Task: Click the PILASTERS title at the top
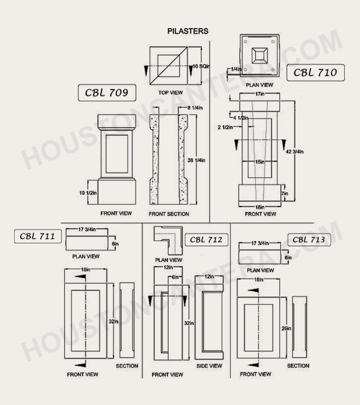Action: pos(187,30)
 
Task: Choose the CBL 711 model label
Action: pos(37,236)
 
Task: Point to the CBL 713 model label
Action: pos(310,239)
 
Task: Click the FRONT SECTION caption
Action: pos(169,214)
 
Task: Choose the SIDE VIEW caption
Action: pos(209,366)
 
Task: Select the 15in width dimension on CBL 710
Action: pos(260,162)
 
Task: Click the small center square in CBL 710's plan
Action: pos(259,57)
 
